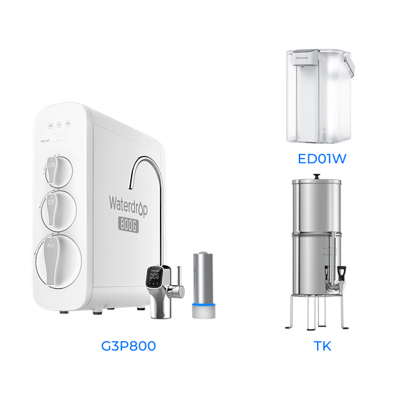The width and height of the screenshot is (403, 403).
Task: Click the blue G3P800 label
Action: [127, 347]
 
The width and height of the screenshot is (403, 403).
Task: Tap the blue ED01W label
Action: [321, 160]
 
